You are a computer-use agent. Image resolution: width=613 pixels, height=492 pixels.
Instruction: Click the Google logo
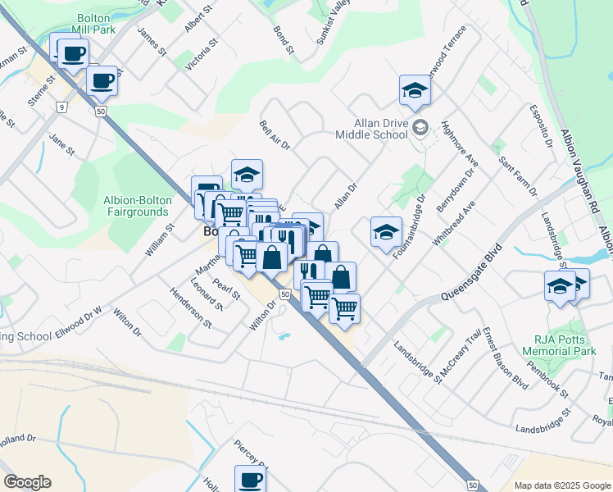[27, 482]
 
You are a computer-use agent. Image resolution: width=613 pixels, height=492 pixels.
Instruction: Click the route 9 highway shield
[61, 107]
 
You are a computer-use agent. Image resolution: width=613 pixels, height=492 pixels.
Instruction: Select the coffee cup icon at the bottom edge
[250, 478]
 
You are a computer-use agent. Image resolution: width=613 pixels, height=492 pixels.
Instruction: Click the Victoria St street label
[201, 53]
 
